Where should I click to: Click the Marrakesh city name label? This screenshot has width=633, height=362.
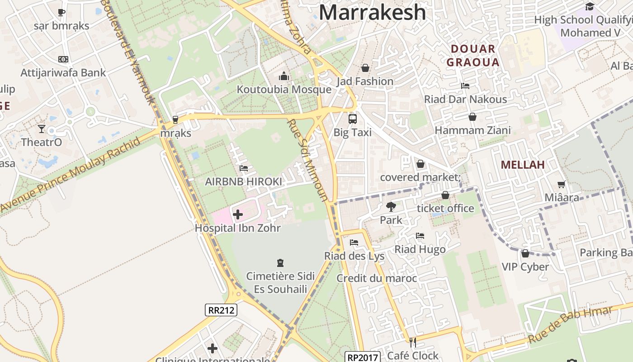point(372,12)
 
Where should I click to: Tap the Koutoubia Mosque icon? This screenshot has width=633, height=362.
point(284,76)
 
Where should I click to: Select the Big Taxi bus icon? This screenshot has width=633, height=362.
point(352,119)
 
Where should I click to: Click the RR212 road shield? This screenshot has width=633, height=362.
point(221,310)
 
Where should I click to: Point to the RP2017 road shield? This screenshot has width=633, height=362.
point(362,357)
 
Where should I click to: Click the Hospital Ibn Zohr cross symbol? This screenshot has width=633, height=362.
point(238,214)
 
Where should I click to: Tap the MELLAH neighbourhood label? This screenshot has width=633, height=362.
point(523,165)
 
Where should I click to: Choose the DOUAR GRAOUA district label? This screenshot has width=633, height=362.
point(473,56)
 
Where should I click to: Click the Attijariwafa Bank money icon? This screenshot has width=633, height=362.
point(63,59)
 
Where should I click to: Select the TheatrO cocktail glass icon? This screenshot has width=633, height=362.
point(42,129)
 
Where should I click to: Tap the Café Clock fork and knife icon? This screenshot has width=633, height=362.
point(412,342)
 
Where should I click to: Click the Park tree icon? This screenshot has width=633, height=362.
point(391,207)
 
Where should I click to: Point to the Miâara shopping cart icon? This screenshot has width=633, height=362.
point(562,184)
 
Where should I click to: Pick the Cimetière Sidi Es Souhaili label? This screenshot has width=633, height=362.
point(280,282)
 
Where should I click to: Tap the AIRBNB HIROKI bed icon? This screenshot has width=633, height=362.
point(243,168)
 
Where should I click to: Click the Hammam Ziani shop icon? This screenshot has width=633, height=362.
point(472,117)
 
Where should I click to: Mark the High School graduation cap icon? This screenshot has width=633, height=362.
point(590,6)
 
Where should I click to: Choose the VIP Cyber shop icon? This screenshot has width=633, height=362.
point(525,253)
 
